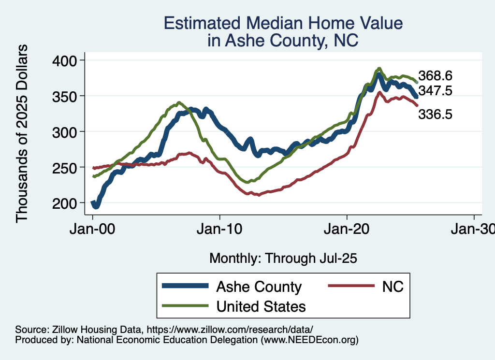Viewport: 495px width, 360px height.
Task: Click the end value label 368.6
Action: [435, 76]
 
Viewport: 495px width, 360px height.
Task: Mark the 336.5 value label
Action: [435, 115]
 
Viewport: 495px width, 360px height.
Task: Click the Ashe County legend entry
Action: [259, 287]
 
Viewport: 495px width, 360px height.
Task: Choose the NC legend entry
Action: [393, 287]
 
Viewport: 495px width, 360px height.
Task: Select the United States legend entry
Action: [261, 306]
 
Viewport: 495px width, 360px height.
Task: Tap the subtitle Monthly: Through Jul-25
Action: [283, 259]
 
